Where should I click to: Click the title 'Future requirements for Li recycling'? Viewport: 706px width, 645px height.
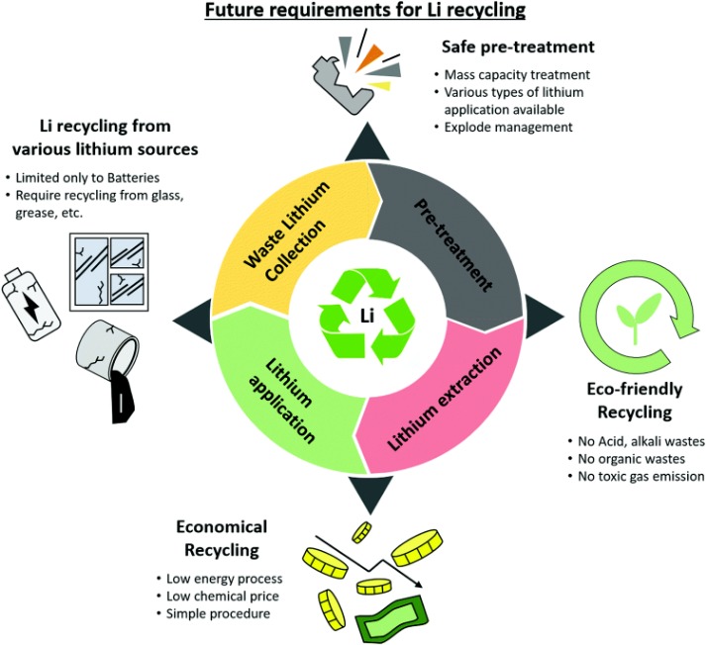pyautogui.click(x=353, y=14)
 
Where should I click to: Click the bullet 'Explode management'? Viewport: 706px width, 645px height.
pyautogui.click(x=492, y=127)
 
